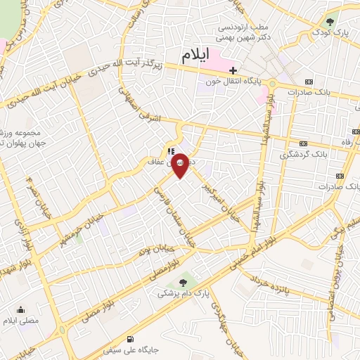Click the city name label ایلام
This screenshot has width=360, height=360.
point(197,57)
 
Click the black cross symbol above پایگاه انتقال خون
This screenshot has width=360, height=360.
point(233,70)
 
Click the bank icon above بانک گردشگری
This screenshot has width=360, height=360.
point(303,142)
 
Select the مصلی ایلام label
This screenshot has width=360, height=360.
point(19,321)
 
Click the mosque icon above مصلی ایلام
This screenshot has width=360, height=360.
point(20,309)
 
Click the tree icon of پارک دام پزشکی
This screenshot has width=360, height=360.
point(184,283)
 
